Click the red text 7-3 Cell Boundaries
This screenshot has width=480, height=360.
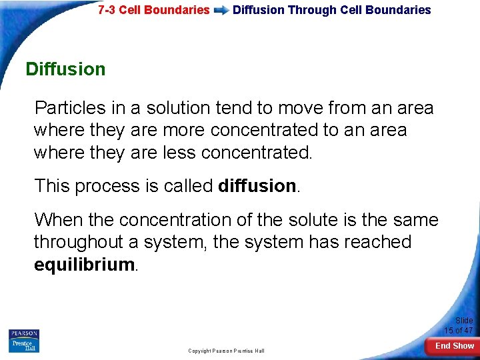tap(153, 10)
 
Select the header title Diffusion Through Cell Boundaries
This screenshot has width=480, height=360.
tap(331, 10)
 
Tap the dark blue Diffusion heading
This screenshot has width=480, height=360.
tap(65, 69)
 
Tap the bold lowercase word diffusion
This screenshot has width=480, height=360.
tap(257, 186)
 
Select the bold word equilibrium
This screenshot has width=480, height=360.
tap(85, 265)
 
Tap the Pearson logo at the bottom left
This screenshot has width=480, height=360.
tap(24, 333)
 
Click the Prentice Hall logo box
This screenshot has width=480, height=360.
tap(24, 345)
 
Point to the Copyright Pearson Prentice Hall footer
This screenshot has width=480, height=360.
tap(226, 351)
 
